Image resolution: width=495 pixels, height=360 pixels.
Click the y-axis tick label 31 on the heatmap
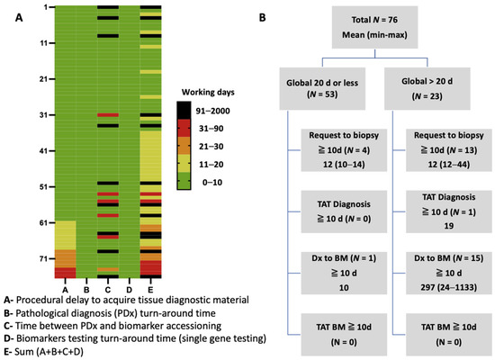pos(43,114)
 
